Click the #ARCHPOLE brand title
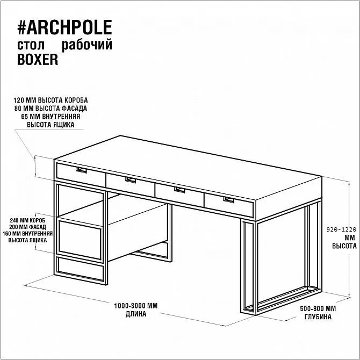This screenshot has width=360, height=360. [x=64, y=27]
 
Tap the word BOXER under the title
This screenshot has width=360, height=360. [x=38, y=60]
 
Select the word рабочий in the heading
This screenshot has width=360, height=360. [x=87, y=45]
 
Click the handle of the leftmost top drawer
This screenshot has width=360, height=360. [x=81, y=170]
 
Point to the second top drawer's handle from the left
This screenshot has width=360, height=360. [x=131, y=180]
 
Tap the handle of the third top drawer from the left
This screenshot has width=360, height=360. [x=179, y=190]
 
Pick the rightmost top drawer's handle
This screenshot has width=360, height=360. [x=229, y=200]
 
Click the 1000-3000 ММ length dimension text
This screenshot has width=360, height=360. [x=136, y=306]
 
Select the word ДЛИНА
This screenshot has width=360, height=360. [x=136, y=314]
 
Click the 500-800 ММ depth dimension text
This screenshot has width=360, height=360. [x=318, y=308]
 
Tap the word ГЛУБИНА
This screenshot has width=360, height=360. [x=318, y=317]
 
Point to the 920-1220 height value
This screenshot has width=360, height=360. [x=341, y=229]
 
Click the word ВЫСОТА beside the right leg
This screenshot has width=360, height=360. [x=344, y=246]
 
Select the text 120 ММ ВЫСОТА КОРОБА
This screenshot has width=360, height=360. [x=51, y=100]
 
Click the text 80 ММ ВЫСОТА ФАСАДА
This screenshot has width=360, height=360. [x=51, y=109]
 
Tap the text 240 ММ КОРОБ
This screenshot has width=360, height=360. [x=27, y=220]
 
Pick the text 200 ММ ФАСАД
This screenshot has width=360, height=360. [x=27, y=227]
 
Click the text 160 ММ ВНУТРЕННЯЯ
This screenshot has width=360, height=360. [x=27, y=234]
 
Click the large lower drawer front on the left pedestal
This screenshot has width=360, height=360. [x=80, y=240]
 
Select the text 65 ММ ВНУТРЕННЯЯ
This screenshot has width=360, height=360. [x=51, y=117]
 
